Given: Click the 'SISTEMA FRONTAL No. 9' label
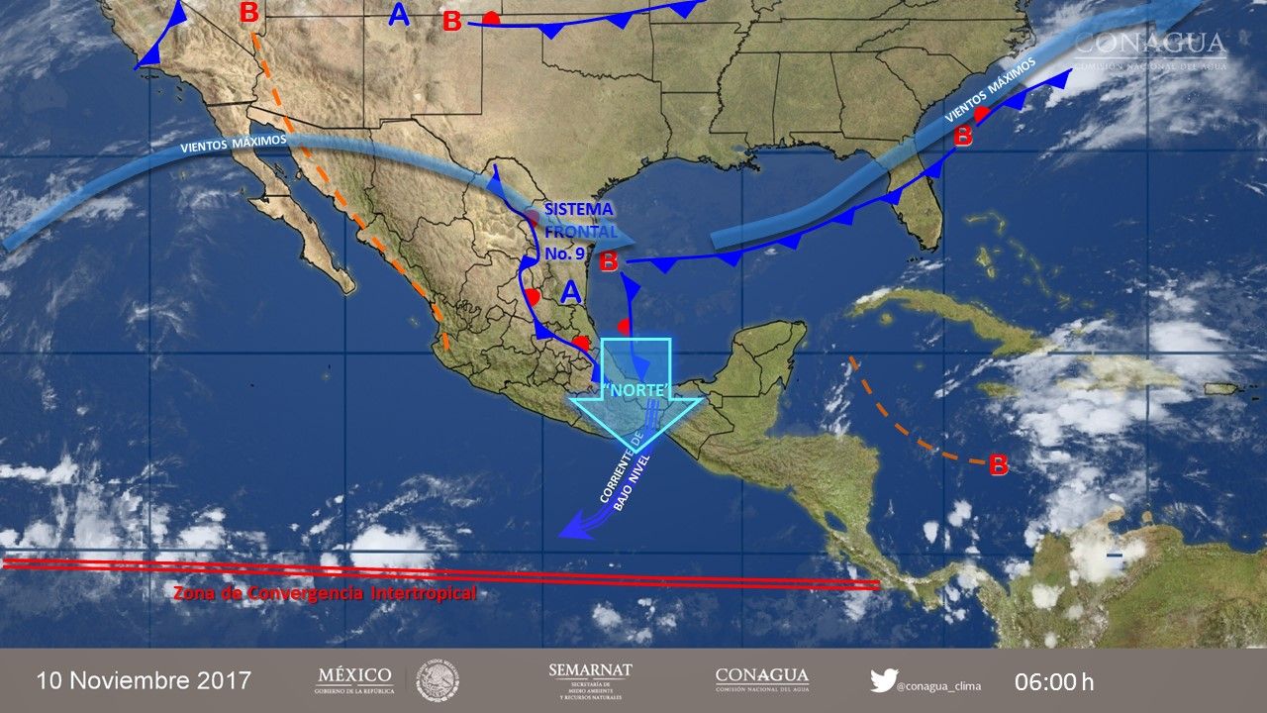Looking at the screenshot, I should [579, 231].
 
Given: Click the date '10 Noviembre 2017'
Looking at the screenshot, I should [145, 681].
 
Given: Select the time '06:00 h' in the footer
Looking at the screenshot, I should [1054, 681].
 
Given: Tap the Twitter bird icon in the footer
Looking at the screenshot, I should [883, 680].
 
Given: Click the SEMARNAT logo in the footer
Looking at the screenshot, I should [590, 681].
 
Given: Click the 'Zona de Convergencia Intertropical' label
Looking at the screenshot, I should [325, 593].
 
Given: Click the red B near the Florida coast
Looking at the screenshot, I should [962, 138].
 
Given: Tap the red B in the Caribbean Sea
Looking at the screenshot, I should [999, 463].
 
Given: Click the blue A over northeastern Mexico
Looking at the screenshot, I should [571, 292].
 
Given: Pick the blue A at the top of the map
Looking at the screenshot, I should [399, 15].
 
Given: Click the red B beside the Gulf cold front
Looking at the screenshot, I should [609, 261].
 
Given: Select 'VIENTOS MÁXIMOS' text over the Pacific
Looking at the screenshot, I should [234, 144].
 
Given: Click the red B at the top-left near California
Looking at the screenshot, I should [249, 13].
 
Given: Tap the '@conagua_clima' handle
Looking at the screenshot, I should [939, 683].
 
